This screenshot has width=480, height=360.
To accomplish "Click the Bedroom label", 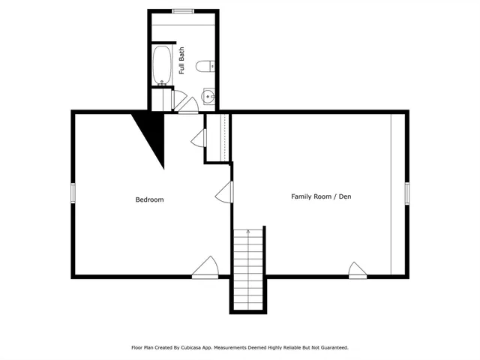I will click(149, 199).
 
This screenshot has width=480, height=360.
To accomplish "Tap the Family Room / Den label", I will click(321, 196).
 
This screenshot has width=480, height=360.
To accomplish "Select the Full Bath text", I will click(182, 61).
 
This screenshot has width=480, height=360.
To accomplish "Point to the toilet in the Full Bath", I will click(205, 67).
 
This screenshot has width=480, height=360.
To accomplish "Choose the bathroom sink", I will click(208, 95).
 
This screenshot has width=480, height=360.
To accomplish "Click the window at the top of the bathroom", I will click(183, 11).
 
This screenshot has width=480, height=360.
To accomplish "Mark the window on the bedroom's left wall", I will click(73, 193).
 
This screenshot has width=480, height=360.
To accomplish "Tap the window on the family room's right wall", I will click(407, 193).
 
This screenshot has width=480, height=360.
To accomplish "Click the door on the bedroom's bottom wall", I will click(205, 268).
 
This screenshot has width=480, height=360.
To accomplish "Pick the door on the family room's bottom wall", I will click(357, 270).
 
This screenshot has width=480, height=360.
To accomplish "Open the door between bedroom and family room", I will click(224, 194).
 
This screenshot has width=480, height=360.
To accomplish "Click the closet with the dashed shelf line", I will click(217, 136).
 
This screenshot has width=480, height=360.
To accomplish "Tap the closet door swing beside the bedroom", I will click(199, 137).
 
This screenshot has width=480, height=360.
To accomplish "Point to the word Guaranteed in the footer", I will click(331, 347).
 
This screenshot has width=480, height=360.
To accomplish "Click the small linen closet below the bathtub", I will click(160, 99).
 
